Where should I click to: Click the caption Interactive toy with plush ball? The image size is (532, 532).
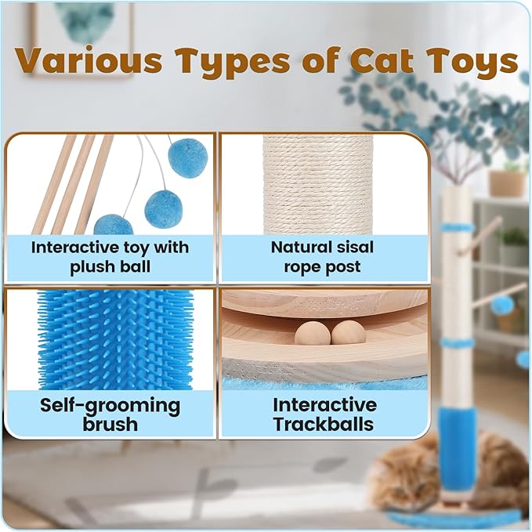[110, 257]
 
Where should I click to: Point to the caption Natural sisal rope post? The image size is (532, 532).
[322, 257]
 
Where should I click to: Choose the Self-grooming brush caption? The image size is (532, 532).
[110, 415]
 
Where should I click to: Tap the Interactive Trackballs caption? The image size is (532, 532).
[324, 415]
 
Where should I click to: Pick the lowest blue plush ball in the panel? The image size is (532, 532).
[113, 225]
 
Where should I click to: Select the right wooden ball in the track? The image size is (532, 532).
[348, 332]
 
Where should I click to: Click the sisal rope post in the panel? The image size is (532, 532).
[317, 184]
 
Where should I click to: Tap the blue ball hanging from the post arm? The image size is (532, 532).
[502, 305]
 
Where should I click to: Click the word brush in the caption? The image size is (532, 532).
[110, 425]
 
